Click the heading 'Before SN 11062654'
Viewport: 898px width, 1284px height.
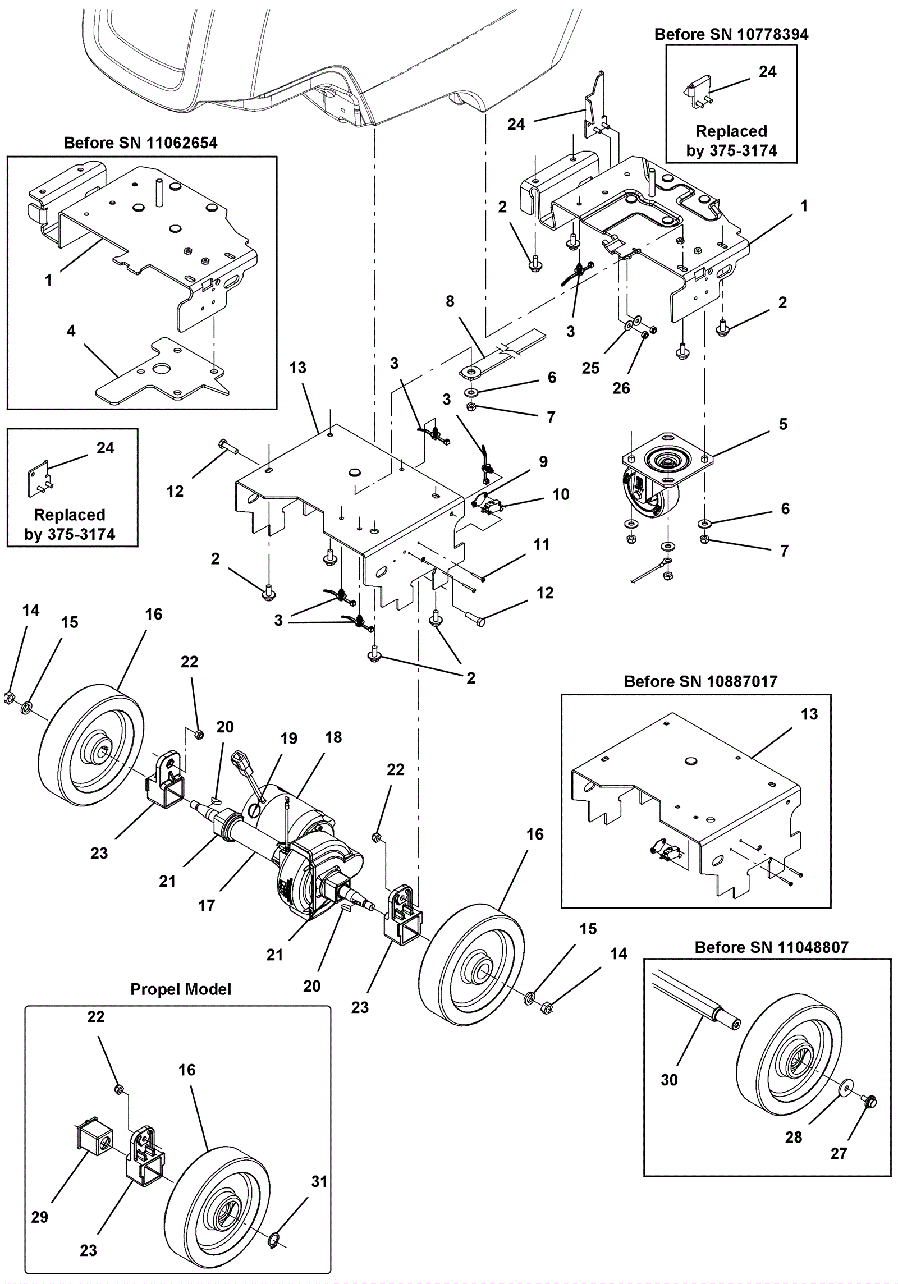point(140,143)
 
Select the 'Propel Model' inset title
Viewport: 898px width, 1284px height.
point(181,989)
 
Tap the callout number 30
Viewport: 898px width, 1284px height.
point(669,1080)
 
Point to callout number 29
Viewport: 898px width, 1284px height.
point(39,1217)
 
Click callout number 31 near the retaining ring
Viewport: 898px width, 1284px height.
point(319,1181)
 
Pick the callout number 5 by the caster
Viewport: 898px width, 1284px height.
point(783,424)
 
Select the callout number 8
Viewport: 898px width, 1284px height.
point(450,301)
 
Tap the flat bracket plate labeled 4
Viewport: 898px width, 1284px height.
point(163,373)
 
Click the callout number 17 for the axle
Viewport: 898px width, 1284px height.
point(207,905)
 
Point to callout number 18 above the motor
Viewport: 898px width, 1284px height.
point(333,737)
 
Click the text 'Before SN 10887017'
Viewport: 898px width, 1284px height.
point(700,682)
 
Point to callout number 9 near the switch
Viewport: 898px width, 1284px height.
point(543,462)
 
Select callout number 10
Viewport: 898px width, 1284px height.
point(561,494)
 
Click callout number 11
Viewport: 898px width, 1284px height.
point(541,544)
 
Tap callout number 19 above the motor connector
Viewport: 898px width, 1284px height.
point(288,739)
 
